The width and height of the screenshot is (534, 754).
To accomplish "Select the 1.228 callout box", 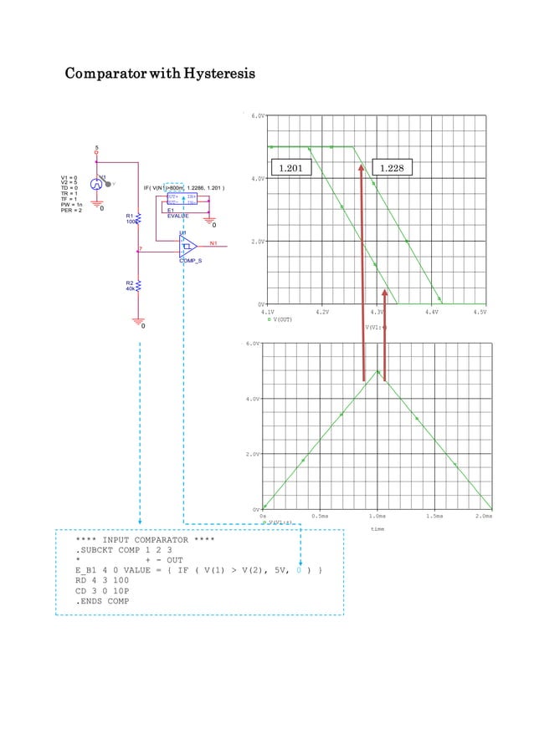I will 392,169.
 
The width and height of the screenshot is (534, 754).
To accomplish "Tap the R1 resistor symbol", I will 138,218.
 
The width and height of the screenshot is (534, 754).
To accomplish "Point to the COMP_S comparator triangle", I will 187,246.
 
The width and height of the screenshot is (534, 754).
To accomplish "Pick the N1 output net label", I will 213,243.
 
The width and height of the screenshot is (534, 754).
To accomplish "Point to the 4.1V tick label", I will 268,312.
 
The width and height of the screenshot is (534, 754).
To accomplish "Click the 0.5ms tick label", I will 319,517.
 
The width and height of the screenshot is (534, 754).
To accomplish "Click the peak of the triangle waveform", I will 378,372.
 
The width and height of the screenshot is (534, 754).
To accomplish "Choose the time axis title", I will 378,528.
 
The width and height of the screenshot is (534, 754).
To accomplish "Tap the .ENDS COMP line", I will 103,601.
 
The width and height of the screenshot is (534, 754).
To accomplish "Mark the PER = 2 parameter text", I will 72,210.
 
